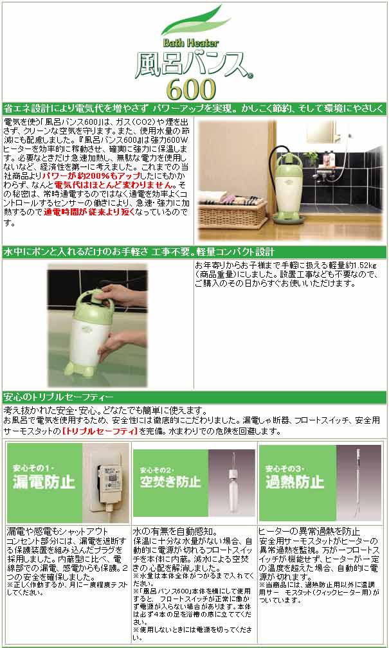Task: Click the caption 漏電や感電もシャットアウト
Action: (52, 532)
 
